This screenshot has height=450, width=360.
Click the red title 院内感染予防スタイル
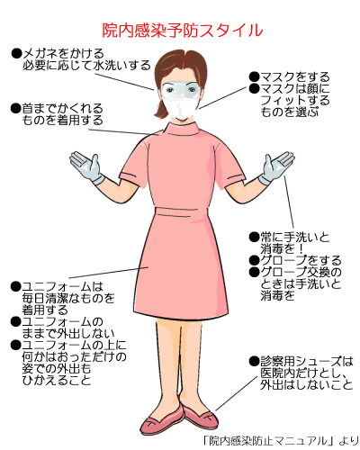tap(183, 31)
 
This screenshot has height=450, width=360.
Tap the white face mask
tap(180, 107)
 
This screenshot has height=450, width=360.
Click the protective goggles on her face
tap(181, 90)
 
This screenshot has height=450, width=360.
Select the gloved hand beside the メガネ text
tap(86, 167)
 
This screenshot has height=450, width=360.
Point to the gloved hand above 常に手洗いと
tap(276, 167)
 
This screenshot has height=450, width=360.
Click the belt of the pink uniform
tap(177, 211)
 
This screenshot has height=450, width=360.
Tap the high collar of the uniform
tap(181, 130)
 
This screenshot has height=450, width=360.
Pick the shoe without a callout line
tap(162, 421)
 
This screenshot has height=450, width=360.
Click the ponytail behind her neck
tap(160, 109)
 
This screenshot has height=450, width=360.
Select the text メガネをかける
tap(63, 54)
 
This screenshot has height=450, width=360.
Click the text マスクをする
tap(295, 77)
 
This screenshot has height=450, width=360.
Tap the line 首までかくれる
tap(63, 109)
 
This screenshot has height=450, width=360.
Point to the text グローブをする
tap(301, 260)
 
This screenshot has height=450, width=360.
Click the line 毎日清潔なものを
tap(68, 298)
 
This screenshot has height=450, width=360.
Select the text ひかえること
tap(57, 381)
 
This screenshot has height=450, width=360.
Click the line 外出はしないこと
tap(307, 384)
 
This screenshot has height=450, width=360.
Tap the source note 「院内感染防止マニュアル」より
tap(280, 441)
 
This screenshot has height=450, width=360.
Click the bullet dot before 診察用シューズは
tap(254, 361)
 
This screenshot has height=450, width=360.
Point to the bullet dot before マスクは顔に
tap(254, 88)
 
